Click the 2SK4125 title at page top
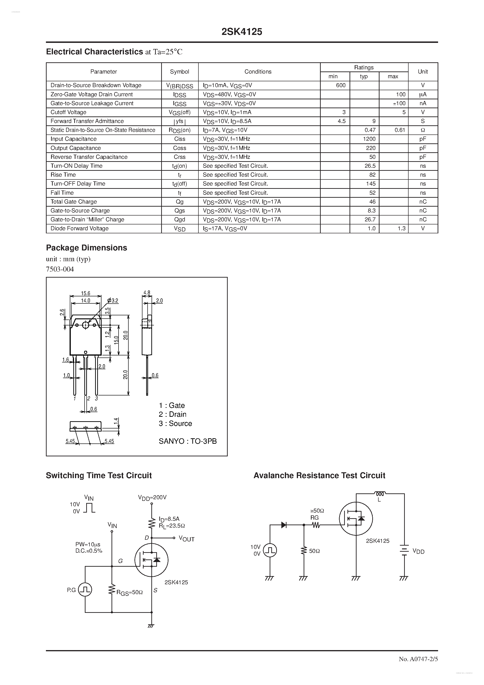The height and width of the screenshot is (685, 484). (x=242, y=32)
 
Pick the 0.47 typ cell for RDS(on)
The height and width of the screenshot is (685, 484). (x=370, y=130)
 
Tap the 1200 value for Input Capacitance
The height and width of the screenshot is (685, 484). (x=369, y=139)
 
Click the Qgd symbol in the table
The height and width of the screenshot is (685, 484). (x=180, y=220)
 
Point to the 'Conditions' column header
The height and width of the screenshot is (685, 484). (x=258, y=72)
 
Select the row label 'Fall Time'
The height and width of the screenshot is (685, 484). (x=62, y=193)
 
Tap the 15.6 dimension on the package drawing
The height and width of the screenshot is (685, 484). (x=86, y=293)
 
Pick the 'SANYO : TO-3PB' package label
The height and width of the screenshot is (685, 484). (x=188, y=441)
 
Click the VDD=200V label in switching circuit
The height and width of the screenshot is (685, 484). (x=152, y=497)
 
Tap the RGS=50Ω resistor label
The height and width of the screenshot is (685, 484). (x=130, y=592)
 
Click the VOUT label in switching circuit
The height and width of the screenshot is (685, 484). (x=186, y=539)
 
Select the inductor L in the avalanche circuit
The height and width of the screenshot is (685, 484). (x=380, y=494)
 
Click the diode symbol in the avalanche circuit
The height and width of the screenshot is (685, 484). (x=284, y=525)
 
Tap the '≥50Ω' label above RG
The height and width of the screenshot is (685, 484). (x=317, y=511)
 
